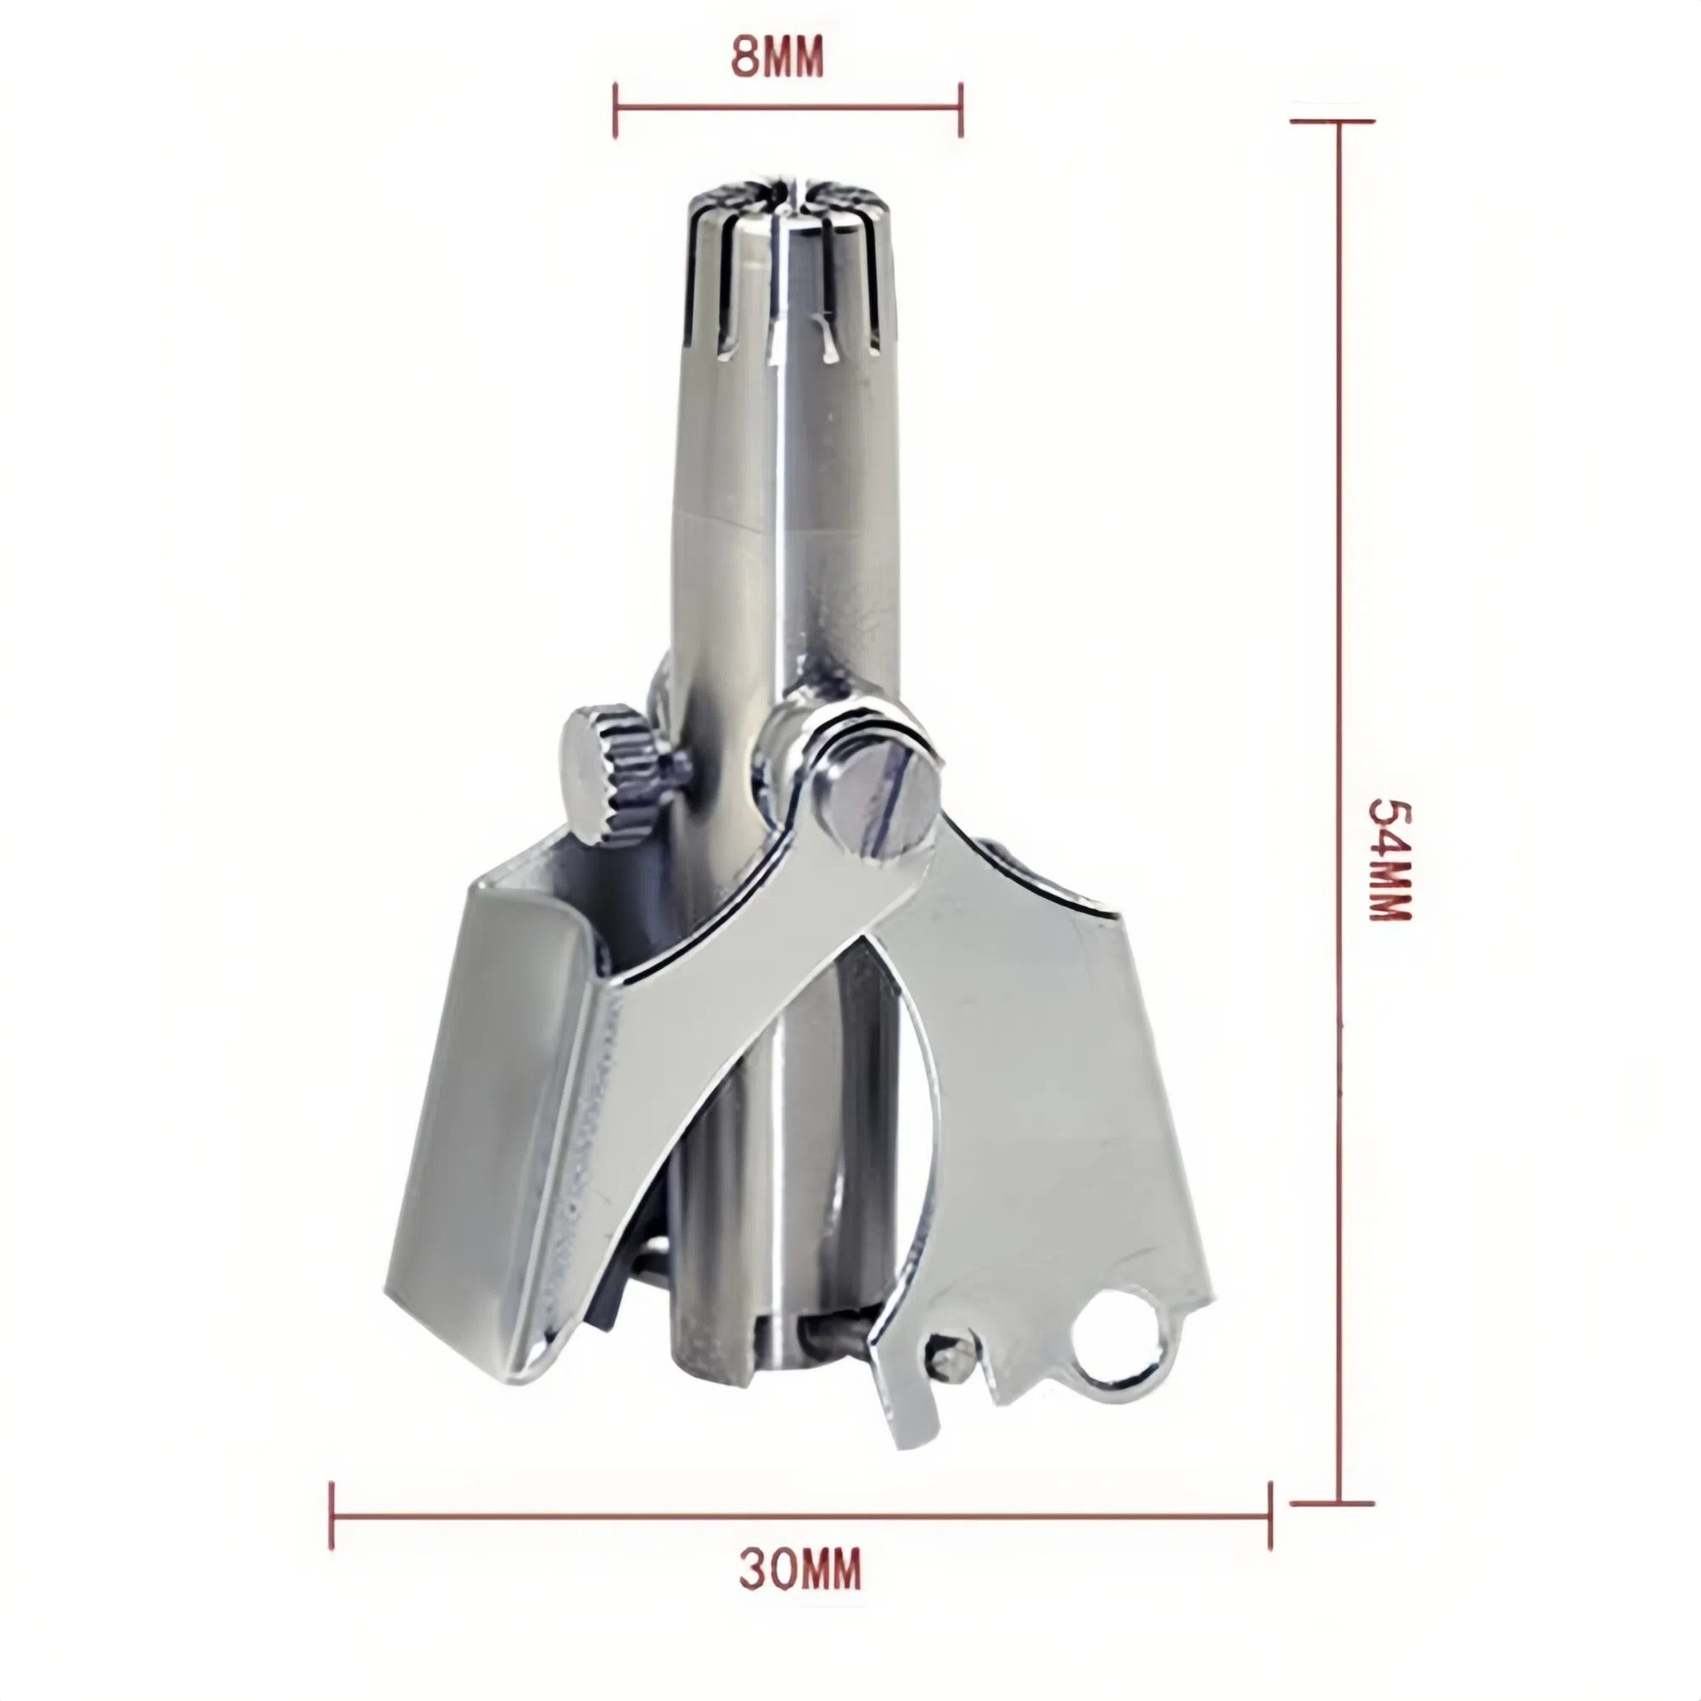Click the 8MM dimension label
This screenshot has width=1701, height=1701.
[x=778, y=58]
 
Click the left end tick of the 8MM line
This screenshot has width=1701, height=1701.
[x=615, y=110]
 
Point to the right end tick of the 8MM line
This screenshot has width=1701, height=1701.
[x=961, y=110]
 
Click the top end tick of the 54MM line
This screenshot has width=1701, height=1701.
[x=1332, y=121]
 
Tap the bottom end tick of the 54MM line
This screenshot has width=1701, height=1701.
[x=1332, y=1503]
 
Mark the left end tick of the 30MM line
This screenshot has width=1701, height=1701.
[x=332, y=1515]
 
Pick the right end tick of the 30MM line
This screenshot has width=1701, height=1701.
[x=1270, y=1515]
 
